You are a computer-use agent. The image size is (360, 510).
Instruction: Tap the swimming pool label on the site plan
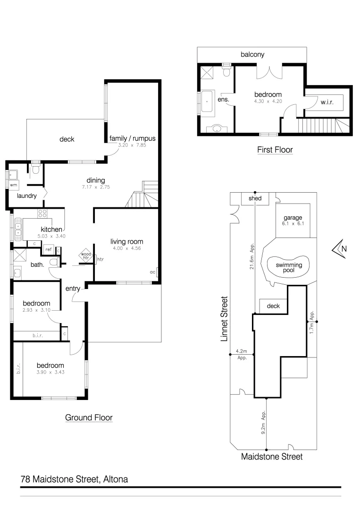[x=289, y=268]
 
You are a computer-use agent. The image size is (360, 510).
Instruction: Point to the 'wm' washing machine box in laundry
[x=13, y=185]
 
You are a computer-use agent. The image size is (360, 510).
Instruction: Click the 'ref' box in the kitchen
[x=48, y=249]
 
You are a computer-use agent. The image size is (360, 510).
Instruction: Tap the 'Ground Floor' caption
[x=89, y=417]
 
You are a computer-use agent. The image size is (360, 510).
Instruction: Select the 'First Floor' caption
[x=275, y=150]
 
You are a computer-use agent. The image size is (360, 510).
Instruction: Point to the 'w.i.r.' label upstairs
[x=327, y=102]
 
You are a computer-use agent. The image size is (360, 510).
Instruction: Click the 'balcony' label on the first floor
[x=252, y=54]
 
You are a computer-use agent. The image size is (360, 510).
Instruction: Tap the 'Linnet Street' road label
[x=225, y=319]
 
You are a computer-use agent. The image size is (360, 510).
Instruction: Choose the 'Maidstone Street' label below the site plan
[x=271, y=457]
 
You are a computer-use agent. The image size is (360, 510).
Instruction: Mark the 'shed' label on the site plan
[x=255, y=198]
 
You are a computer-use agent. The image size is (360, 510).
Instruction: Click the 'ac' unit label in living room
[x=152, y=272]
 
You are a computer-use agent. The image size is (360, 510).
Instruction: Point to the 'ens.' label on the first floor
[x=223, y=100]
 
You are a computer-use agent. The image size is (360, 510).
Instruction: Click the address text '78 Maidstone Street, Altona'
[x=74, y=479]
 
